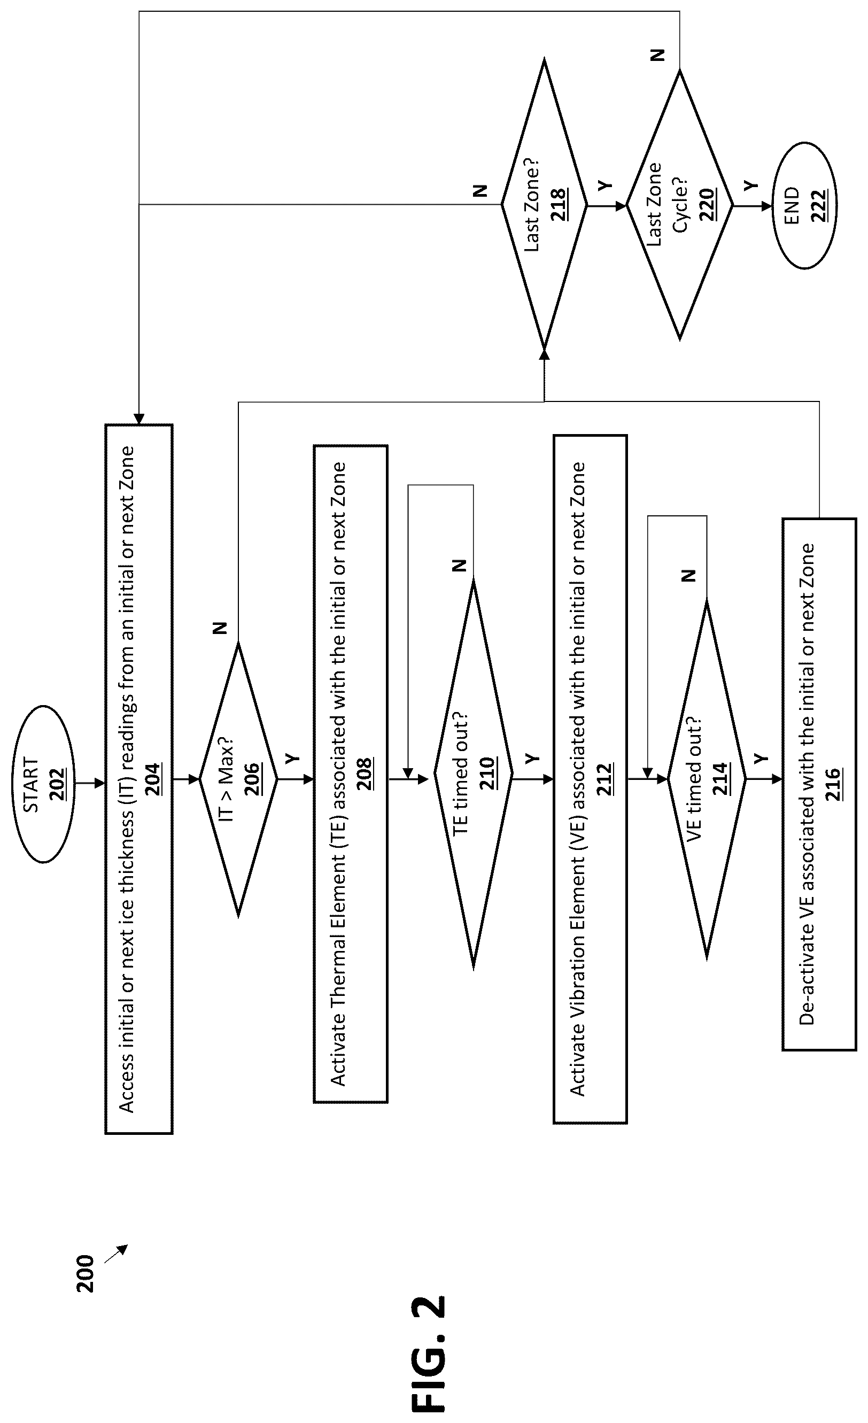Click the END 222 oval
[x=805, y=205]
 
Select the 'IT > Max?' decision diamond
[x=238, y=779]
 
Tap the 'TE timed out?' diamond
[x=473, y=779]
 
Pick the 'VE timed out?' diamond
[x=707, y=779]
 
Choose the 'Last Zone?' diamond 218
[x=544, y=205]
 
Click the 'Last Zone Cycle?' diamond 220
[x=680, y=205]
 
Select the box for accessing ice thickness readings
[x=139, y=779]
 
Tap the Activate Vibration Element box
[x=590, y=779]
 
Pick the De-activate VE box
[x=819, y=784]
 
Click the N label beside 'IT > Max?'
[x=220, y=628]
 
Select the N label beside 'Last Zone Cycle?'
[x=658, y=56]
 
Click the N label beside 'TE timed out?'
[x=459, y=566]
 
